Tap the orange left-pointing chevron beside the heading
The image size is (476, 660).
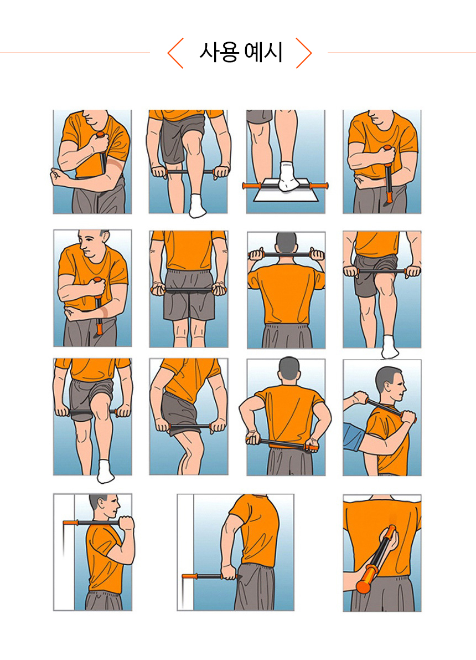pyautogui.click(x=175, y=53)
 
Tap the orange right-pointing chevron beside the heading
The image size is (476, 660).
pyautogui.click(x=304, y=53)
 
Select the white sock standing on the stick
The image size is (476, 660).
pyautogui.click(x=289, y=176)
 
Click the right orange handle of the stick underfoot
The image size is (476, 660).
pyautogui.click(x=318, y=186)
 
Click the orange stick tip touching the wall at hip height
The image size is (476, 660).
pyautogui.click(x=190, y=576)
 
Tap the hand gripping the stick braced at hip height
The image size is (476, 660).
pyautogui.click(x=229, y=572)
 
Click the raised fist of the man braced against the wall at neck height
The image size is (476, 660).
pyautogui.click(x=126, y=523)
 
